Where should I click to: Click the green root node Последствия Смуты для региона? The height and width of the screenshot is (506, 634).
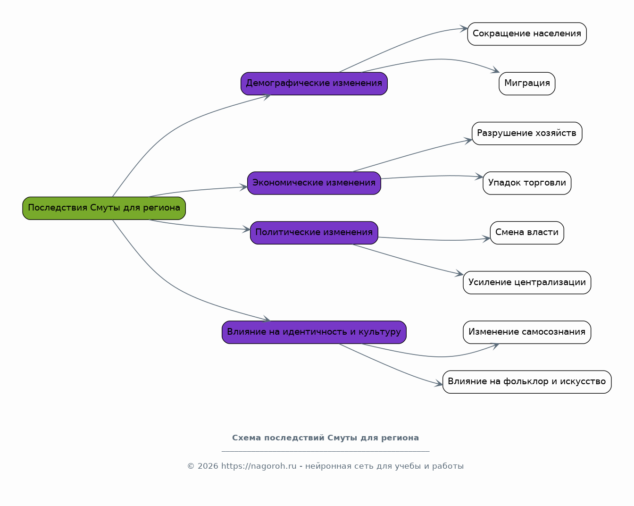click(104, 208)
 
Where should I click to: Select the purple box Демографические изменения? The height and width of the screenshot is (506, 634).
click(314, 84)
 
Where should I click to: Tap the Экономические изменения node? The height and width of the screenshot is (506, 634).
click(314, 183)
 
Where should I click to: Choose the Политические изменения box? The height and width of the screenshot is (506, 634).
click(314, 233)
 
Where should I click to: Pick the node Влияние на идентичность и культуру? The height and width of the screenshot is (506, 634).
click(314, 332)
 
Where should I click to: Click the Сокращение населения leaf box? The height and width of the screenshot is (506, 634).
click(527, 34)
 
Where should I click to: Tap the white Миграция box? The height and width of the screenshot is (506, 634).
click(527, 84)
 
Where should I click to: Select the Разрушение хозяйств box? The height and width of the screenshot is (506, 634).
click(527, 133)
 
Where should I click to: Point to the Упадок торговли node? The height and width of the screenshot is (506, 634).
click(527, 183)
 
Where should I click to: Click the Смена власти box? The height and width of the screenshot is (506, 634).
click(527, 233)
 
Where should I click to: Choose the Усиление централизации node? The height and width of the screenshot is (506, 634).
click(527, 282)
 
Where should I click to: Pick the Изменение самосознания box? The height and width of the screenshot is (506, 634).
click(527, 332)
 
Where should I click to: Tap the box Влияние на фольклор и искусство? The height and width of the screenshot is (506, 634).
click(527, 382)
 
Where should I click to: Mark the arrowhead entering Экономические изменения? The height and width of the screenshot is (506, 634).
click(244, 187)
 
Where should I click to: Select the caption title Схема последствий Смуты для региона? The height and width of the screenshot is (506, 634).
click(325, 438)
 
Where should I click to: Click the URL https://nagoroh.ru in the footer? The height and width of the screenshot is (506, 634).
click(259, 466)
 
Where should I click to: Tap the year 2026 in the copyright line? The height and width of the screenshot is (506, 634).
click(208, 466)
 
